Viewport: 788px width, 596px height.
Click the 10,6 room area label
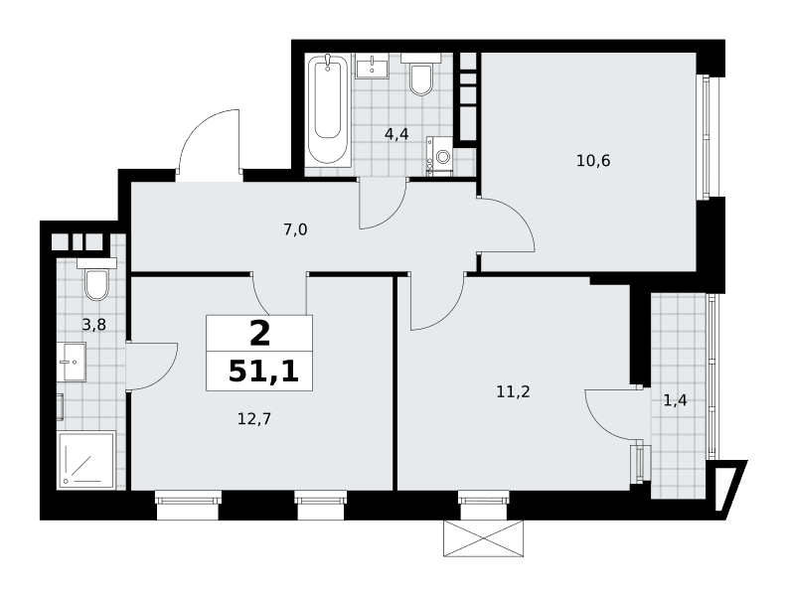click(593, 161)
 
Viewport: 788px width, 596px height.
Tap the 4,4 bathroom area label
click(396, 134)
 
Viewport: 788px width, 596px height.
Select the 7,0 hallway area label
click(295, 230)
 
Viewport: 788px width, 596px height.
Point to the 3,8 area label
click(94, 325)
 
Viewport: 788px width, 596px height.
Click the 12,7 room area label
click(254, 418)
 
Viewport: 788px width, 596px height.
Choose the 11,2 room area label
click(513, 392)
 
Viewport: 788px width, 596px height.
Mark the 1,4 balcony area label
click(676, 401)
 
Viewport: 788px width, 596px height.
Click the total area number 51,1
click(264, 372)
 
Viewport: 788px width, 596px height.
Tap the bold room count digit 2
click(259, 334)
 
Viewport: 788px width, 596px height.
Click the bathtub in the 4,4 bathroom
click(328, 111)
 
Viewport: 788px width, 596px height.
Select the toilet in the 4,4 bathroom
click(421, 74)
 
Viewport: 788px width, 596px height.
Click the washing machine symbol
click(440, 156)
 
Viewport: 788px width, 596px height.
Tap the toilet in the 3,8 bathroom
click(96, 279)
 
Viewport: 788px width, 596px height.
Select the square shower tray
click(86, 459)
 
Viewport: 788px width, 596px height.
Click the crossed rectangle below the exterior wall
click(484, 538)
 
